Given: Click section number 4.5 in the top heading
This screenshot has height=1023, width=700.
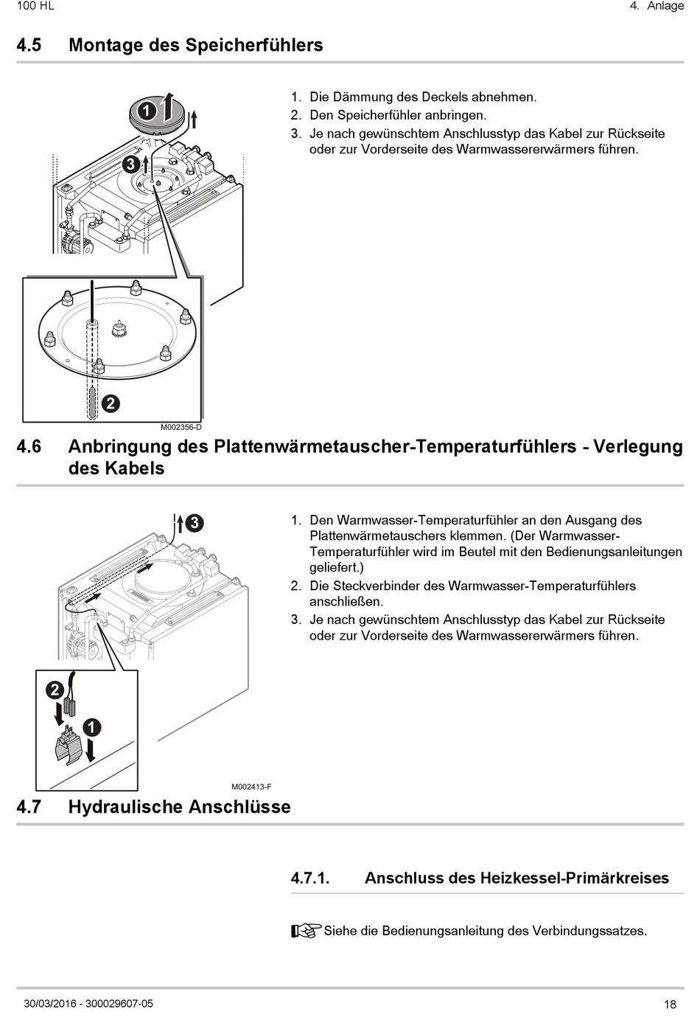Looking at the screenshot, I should pyautogui.click(x=29, y=45).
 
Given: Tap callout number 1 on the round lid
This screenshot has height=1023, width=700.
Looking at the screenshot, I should pyautogui.click(x=147, y=111).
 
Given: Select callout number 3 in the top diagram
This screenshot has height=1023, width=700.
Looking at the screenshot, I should pyautogui.click(x=130, y=164).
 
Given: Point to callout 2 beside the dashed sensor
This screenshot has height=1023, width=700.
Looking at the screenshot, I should pyautogui.click(x=110, y=403).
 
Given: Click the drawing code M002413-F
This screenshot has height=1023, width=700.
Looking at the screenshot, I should pyautogui.click(x=251, y=787).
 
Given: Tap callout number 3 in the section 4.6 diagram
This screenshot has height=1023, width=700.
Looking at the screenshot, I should pyautogui.click(x=195, y=523).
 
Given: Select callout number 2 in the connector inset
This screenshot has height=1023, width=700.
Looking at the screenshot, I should pyautogui.click(x=55, y=690).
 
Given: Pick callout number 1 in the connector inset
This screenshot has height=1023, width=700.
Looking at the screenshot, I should pyautogui.click(x=91, y=728).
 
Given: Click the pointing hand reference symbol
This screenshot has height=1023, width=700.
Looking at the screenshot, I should pyautogui.click(x=307, y=931).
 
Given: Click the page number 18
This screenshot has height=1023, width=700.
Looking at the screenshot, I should pyautogui.click(x=670, y=1005).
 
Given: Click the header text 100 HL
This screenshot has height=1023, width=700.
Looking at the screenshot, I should pyautogui.click(x=35, y=6).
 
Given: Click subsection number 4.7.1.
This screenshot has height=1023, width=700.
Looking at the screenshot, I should pyautogui.click(x=309, y=878).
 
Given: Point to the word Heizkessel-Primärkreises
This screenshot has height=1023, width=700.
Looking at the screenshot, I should pyautogui.click(x=574, y=878).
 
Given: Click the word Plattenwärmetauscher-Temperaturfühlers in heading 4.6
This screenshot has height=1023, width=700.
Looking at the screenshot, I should pyautogui.click(x=395, y=447).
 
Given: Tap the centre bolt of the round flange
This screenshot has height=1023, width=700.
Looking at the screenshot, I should pyautogui.click(x=118, y=327).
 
